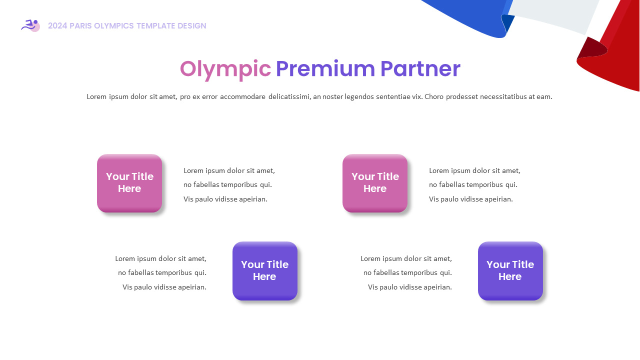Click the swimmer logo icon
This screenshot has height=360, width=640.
pyautogui.click(x=30, y=25)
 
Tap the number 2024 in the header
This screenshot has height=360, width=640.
pyautogui.click(x=57, y=26)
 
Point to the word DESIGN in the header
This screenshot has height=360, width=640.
pyautogui.click(x=192, y=26)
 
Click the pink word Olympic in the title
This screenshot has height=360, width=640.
pyautogui.click(x=225, y=69)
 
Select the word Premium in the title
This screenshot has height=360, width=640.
pyautogui.click(x=325, y=69)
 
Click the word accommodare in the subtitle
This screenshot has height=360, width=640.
pyautogui.click(x=242, y=97)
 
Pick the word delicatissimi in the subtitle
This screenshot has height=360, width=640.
pyautogui.click(x=289, y=97)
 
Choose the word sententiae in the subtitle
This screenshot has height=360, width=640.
pyautogui.click(x=395, y=97)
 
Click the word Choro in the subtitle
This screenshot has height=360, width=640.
pyautogui.click(x=434, y=97)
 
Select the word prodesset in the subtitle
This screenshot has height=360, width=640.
pyautogui.click(x=461, y=97)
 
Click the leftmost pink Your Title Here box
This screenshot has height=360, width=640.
pyautogui.click(x=129, y=183)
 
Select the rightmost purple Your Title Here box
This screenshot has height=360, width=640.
pyautogui.click(x=510, y=271)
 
